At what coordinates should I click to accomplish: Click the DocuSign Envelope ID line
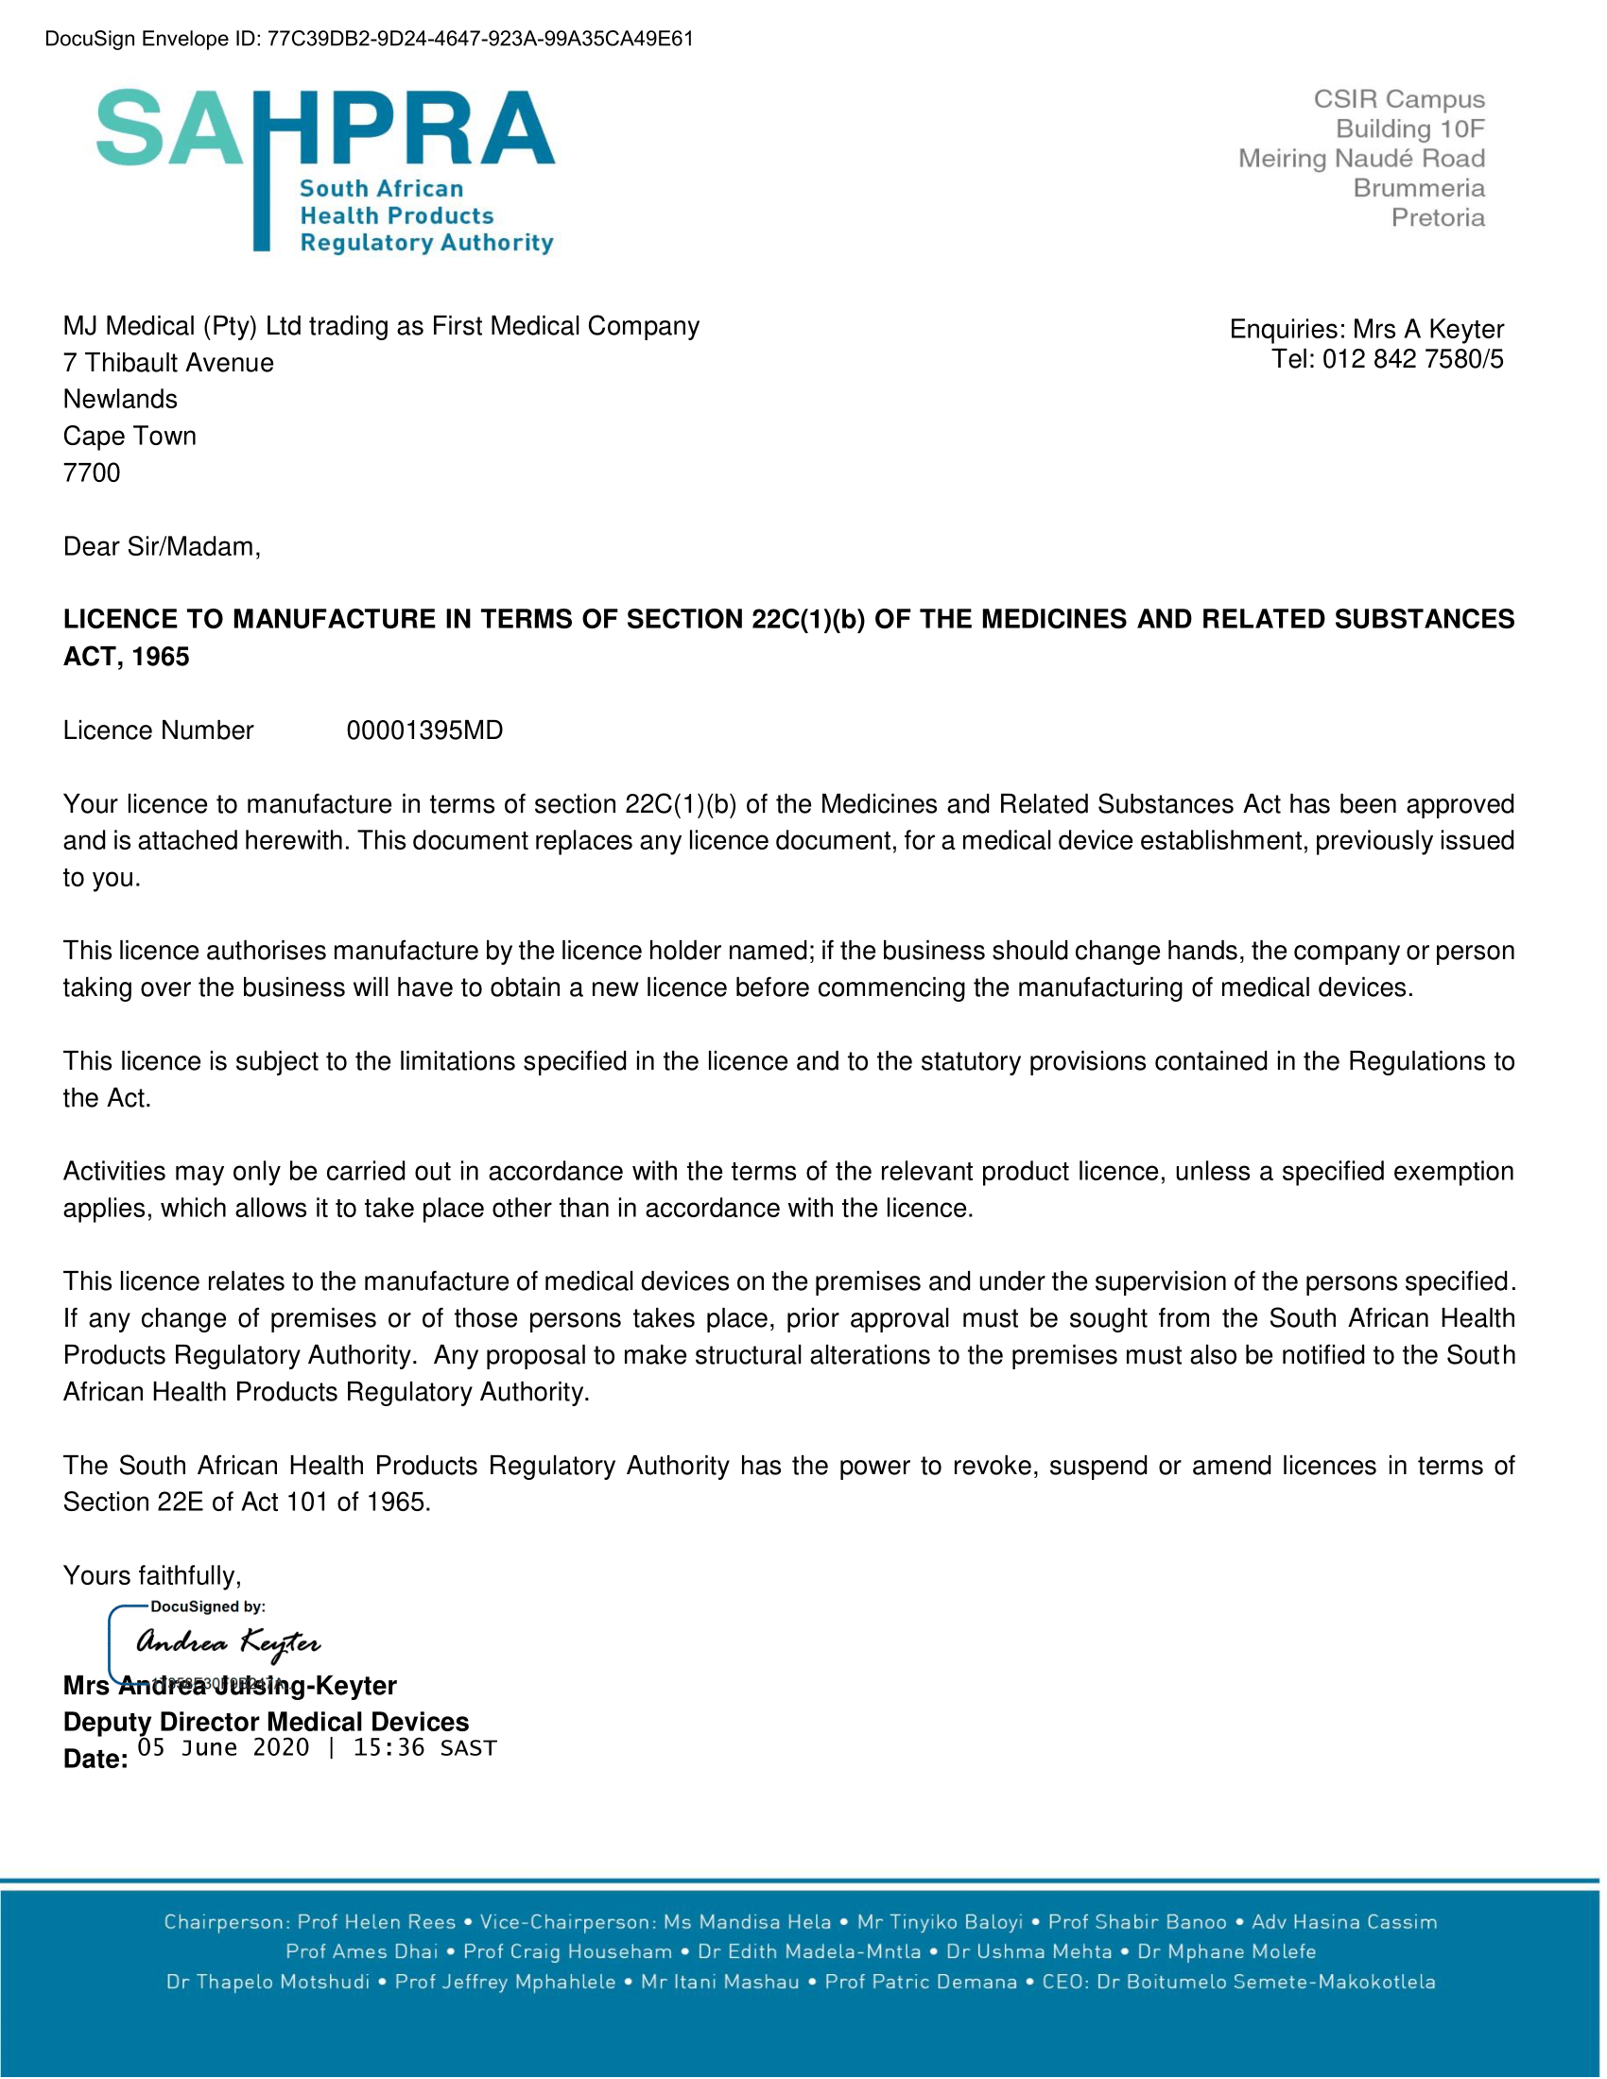click(370, 39)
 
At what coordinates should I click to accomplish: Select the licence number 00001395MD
click(424, 731)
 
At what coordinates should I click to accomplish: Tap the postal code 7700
click(92, 473)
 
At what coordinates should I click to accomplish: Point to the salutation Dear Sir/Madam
click(161, 547)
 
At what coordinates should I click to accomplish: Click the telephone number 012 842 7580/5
click(1413, 359)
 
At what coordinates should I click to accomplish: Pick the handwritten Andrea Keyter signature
click(229, 1642)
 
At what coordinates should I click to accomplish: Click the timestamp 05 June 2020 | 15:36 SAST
click(317, 1747)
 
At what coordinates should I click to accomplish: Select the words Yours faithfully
click(152, 1575)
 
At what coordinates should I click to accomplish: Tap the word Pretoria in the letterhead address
click(1438, 218)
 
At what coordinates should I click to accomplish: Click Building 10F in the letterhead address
click(1410, 129)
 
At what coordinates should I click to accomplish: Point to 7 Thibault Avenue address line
click(168, 363)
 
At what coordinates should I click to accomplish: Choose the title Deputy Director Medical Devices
click(266, 1722)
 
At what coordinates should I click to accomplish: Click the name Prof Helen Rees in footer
click(377, 1922)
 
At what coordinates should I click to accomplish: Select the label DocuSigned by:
click(208, 1606)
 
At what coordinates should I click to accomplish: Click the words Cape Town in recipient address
click(130, 436)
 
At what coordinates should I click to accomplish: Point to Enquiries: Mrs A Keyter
click(1366, 330)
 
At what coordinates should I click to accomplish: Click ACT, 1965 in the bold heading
click(127, 657)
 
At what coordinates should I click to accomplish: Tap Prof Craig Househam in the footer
click(567, 1951)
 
